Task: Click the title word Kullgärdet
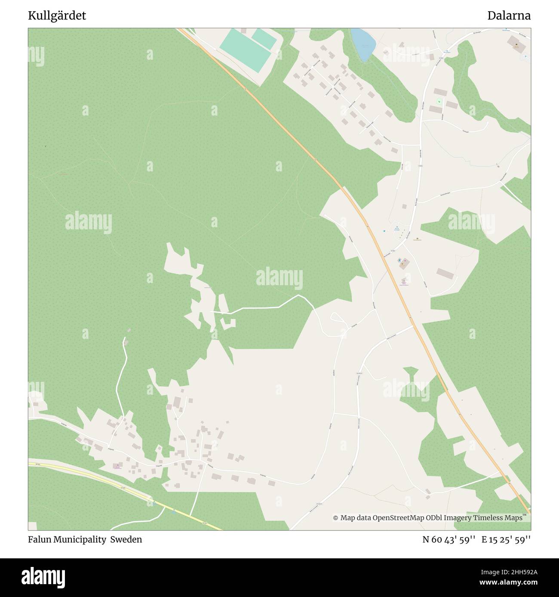(57, 16)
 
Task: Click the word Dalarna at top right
(509, 16)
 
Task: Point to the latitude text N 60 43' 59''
(449, 539)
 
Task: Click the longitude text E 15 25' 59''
(506, 539)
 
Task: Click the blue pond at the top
(362, 44)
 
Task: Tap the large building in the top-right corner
(513, 43)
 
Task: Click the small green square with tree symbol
(439, 101)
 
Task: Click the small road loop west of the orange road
(337, 318)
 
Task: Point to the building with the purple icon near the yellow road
(117, 466)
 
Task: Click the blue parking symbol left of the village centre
(384, 231)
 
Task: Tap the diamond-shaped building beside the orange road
(404, 264)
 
